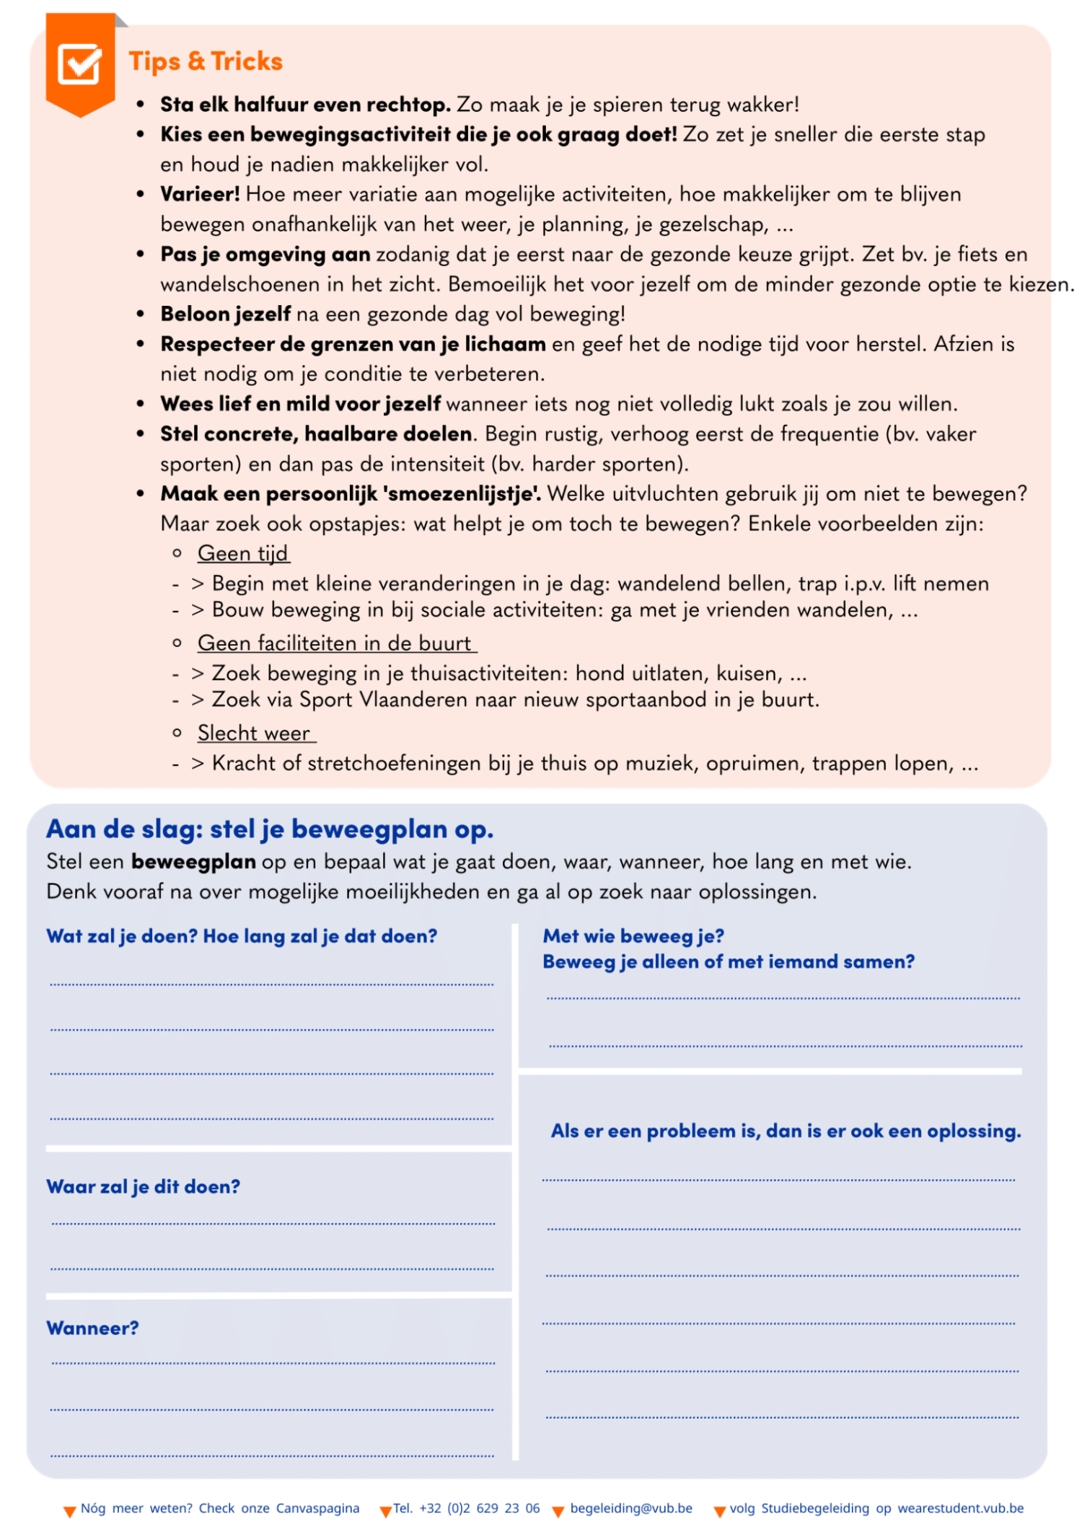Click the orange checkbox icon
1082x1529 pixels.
[x=79, y=65]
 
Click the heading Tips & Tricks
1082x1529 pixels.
[x=206, y=61]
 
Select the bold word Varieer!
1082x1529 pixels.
[x=200, y=194]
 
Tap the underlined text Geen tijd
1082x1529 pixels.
[x=243, y=553]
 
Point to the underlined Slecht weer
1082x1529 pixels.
[x=254, y=733]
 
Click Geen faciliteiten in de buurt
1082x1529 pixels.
[x=335, y=643]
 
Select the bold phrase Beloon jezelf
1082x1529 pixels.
[x=226, y=314]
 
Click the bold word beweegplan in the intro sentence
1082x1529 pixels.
[x=193, y=861]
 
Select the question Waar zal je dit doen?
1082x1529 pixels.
[x=143, y=1186]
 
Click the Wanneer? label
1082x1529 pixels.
[x=92, y=1328]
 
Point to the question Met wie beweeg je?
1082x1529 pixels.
[x=633, y=935]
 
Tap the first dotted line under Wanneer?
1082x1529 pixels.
[x=273, y=1363]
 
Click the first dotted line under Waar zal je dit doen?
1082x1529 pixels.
[x=273, y=1223]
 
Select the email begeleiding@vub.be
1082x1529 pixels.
[x=631, y=1508]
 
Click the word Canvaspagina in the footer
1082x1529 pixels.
[x=317, y=1508]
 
